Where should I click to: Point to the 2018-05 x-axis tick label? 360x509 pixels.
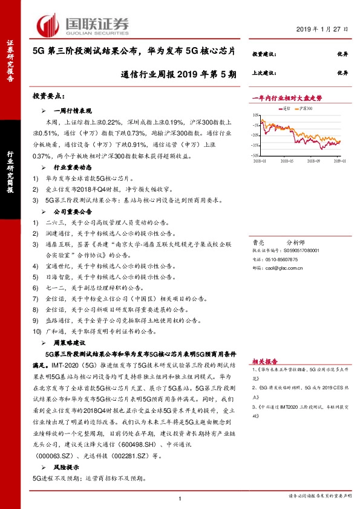click(287, 161)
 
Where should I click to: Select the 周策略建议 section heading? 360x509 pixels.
click(69, 341)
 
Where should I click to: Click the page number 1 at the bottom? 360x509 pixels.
click(180, 498)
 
